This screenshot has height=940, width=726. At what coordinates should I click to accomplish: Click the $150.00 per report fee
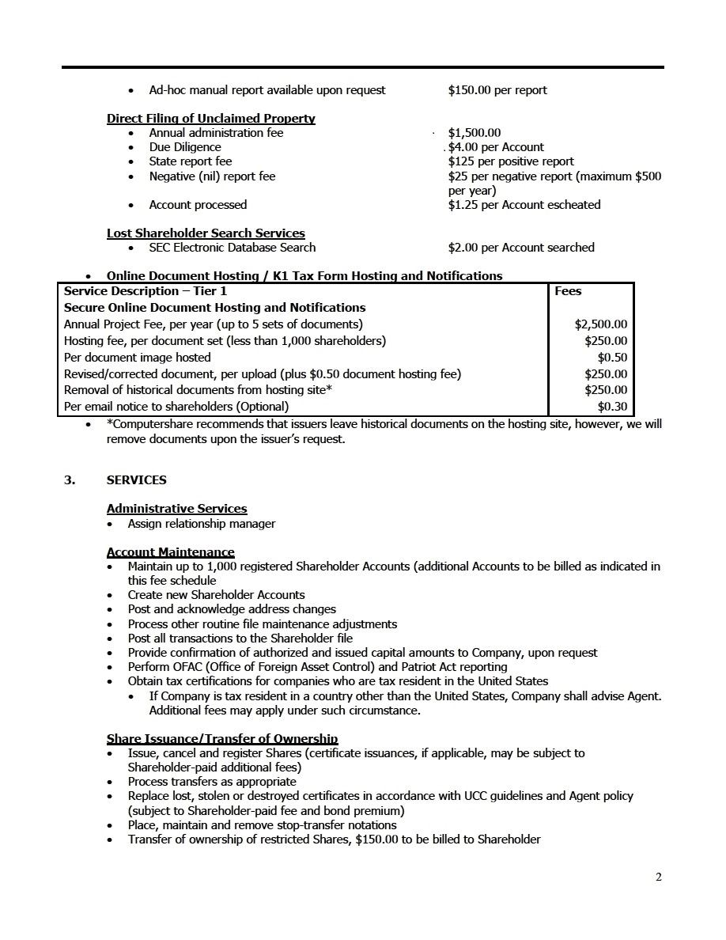coord(497,90)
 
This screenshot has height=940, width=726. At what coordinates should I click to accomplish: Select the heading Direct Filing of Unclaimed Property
coord(210,119)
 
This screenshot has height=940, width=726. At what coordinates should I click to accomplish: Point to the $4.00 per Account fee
coord(496,147)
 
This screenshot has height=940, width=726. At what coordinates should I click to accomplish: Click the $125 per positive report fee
coord(511,161)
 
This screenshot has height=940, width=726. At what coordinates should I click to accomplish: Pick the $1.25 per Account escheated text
coord(524,205)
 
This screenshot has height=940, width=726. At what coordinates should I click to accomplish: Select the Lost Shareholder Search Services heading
coord(206,233)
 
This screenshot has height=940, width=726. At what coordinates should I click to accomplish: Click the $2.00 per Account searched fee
coord(520,248)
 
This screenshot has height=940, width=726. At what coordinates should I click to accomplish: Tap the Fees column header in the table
coord(568,291)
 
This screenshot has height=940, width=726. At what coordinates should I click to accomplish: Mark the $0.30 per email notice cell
coord(612,407)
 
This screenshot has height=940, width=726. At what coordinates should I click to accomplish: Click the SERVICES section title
coord(136,480)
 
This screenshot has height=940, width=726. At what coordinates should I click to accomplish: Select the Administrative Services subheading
coord(176,509)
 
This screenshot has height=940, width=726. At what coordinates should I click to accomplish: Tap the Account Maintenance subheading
coord(170,552)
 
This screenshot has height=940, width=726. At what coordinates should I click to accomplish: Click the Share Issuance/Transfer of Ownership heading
coord(221,739)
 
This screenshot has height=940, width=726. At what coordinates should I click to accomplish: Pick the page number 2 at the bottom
coord(658,877)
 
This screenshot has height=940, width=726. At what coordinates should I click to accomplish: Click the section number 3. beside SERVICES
coord(70,480)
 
